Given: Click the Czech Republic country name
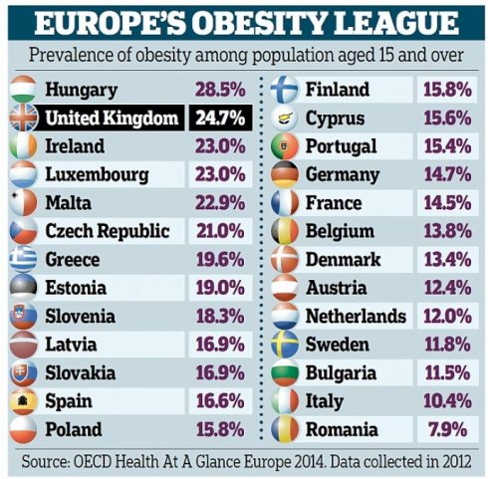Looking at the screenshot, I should (107, 232).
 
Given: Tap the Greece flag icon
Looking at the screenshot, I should (23, 260).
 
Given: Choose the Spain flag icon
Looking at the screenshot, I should (23, 402).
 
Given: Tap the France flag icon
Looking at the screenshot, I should (286, 204).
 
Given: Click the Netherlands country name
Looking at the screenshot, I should (355, 317).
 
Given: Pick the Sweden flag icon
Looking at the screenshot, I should (286, 346).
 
